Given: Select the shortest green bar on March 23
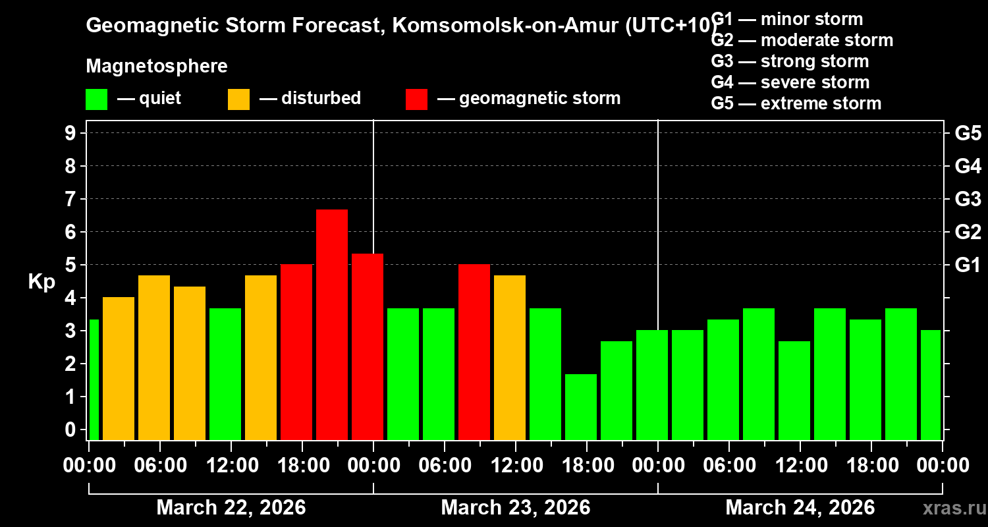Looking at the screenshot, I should point(581,406).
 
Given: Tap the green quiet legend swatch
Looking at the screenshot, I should point(96,99).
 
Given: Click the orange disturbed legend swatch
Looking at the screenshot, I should point(238,99).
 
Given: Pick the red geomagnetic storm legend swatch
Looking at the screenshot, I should point(416,99).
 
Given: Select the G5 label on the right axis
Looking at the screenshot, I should point(968,133).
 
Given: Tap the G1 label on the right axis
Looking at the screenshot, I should point(968,265).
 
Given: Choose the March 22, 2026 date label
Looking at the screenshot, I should point(231,508).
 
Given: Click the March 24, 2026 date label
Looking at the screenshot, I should point(800,508).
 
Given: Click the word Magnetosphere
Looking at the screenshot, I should point(157,67).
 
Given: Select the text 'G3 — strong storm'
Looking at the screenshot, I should point(790,61).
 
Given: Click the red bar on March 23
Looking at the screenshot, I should point(474,352).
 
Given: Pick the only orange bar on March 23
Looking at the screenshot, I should point(510,357).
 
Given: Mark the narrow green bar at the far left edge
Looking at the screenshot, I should point(94,379).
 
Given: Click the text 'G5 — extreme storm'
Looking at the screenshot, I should point(796,103).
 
